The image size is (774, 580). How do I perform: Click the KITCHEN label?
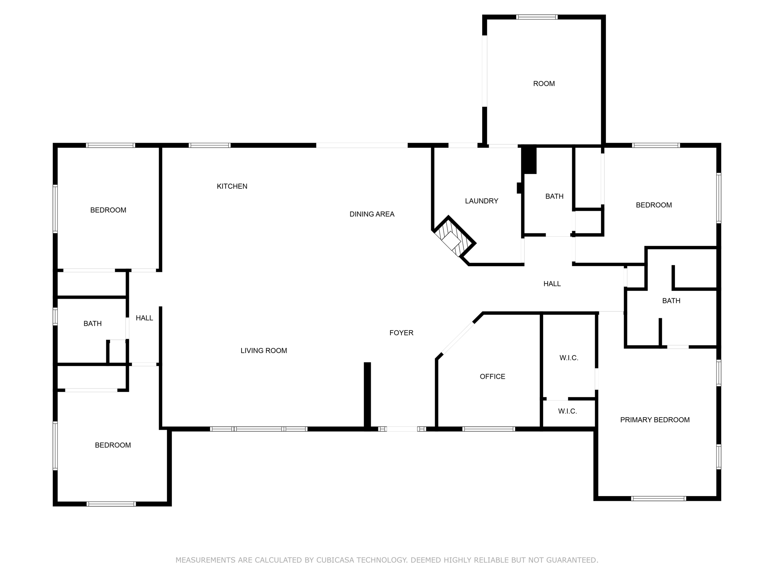232,186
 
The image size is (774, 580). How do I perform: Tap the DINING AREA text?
372,214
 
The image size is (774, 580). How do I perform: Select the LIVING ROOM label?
264,350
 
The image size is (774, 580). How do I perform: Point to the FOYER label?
401,333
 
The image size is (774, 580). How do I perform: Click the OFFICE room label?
492,376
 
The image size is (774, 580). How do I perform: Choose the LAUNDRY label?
481,201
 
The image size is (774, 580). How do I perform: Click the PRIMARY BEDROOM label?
655,420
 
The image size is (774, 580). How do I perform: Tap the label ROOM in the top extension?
544,83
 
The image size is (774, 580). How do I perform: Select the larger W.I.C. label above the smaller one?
569,358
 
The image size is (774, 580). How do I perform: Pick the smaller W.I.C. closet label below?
567,411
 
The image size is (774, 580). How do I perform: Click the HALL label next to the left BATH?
144,318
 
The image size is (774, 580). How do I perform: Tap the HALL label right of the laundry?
552,284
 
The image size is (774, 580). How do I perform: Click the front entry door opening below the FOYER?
402,429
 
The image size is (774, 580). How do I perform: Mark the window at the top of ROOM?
537,17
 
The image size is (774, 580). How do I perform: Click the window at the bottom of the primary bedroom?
658,498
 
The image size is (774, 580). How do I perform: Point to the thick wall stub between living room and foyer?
367,395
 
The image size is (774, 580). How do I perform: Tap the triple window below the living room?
259,429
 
